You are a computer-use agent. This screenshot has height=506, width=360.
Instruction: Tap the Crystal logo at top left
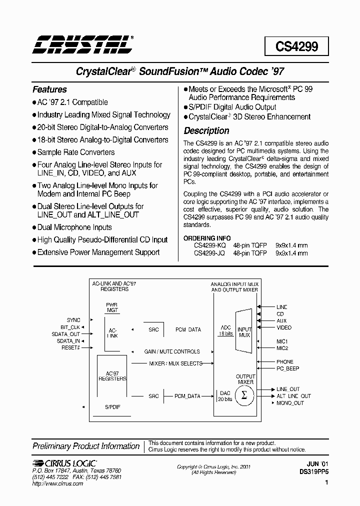coord(82,44)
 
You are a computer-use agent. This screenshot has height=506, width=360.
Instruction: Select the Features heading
coord(49,89)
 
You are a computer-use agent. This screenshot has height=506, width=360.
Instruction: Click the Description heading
coord(206,130)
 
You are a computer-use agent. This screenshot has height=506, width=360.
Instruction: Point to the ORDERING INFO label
coord(206,238)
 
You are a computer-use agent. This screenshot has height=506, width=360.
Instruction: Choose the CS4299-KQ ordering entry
coord(209,245)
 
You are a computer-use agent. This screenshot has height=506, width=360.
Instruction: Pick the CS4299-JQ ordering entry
coord(209,253)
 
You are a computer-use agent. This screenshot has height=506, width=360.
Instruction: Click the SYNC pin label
coord(73,320)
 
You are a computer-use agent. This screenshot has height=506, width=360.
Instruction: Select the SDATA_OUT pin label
coord(66,333)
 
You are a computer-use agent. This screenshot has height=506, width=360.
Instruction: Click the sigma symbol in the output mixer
coord(244,395)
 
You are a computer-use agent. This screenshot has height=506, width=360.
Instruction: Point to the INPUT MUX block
coord(244,332)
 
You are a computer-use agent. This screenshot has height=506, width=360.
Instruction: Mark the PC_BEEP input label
coord(287,368)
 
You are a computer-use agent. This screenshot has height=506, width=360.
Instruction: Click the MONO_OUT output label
coord(290,403)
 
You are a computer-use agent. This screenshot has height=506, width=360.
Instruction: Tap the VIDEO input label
coord(283,327)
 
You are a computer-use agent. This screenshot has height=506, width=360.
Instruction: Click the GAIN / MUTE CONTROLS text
coord(171,351)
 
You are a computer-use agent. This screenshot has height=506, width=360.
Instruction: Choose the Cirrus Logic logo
coord(64,463)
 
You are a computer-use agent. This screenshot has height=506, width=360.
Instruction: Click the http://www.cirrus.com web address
coord(57,484)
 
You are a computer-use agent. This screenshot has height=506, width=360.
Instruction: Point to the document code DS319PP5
coord(314,471)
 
